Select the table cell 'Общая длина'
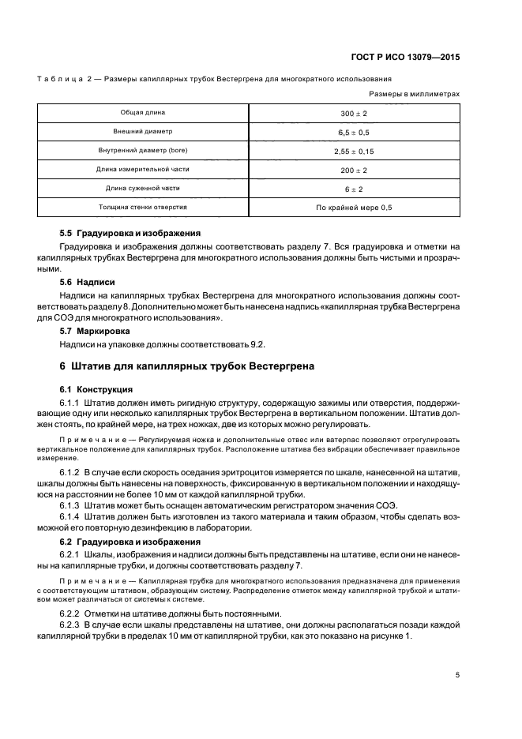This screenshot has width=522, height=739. pyautogui.click(x=143, y=112)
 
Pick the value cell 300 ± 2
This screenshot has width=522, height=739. pyautogui.click(x=354, y=113)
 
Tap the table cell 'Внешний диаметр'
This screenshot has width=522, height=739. pyautogui.click(x=143, y=131)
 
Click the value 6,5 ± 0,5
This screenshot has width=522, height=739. pyautogui.click(x=354, y=132)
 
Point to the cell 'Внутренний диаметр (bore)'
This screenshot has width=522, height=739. pyautogui.click(x=143, y=150)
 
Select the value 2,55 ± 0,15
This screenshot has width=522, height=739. pyautogui.click(x=354, y=151)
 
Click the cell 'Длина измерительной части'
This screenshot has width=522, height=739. pyautogui.click(x=143, y=169)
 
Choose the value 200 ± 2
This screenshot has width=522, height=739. pyautogui.click(x=354, y=170)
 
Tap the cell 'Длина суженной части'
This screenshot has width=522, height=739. pyautogui.click(x=143, y=188)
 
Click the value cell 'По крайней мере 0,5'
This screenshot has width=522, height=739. pyautogui.click(x=354, y=208)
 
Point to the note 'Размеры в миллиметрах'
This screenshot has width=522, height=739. pyautogui.click(x=420, y=93)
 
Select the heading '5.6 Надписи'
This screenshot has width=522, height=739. pyautogui.click(x=88, y=281)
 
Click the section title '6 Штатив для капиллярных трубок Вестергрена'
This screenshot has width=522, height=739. pyautogui.click(x=187, y=366)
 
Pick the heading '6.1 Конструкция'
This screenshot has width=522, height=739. pyautogui.click(x=97, y=389)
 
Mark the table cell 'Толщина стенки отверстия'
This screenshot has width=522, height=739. pyautogui.click(x=143, y=207)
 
